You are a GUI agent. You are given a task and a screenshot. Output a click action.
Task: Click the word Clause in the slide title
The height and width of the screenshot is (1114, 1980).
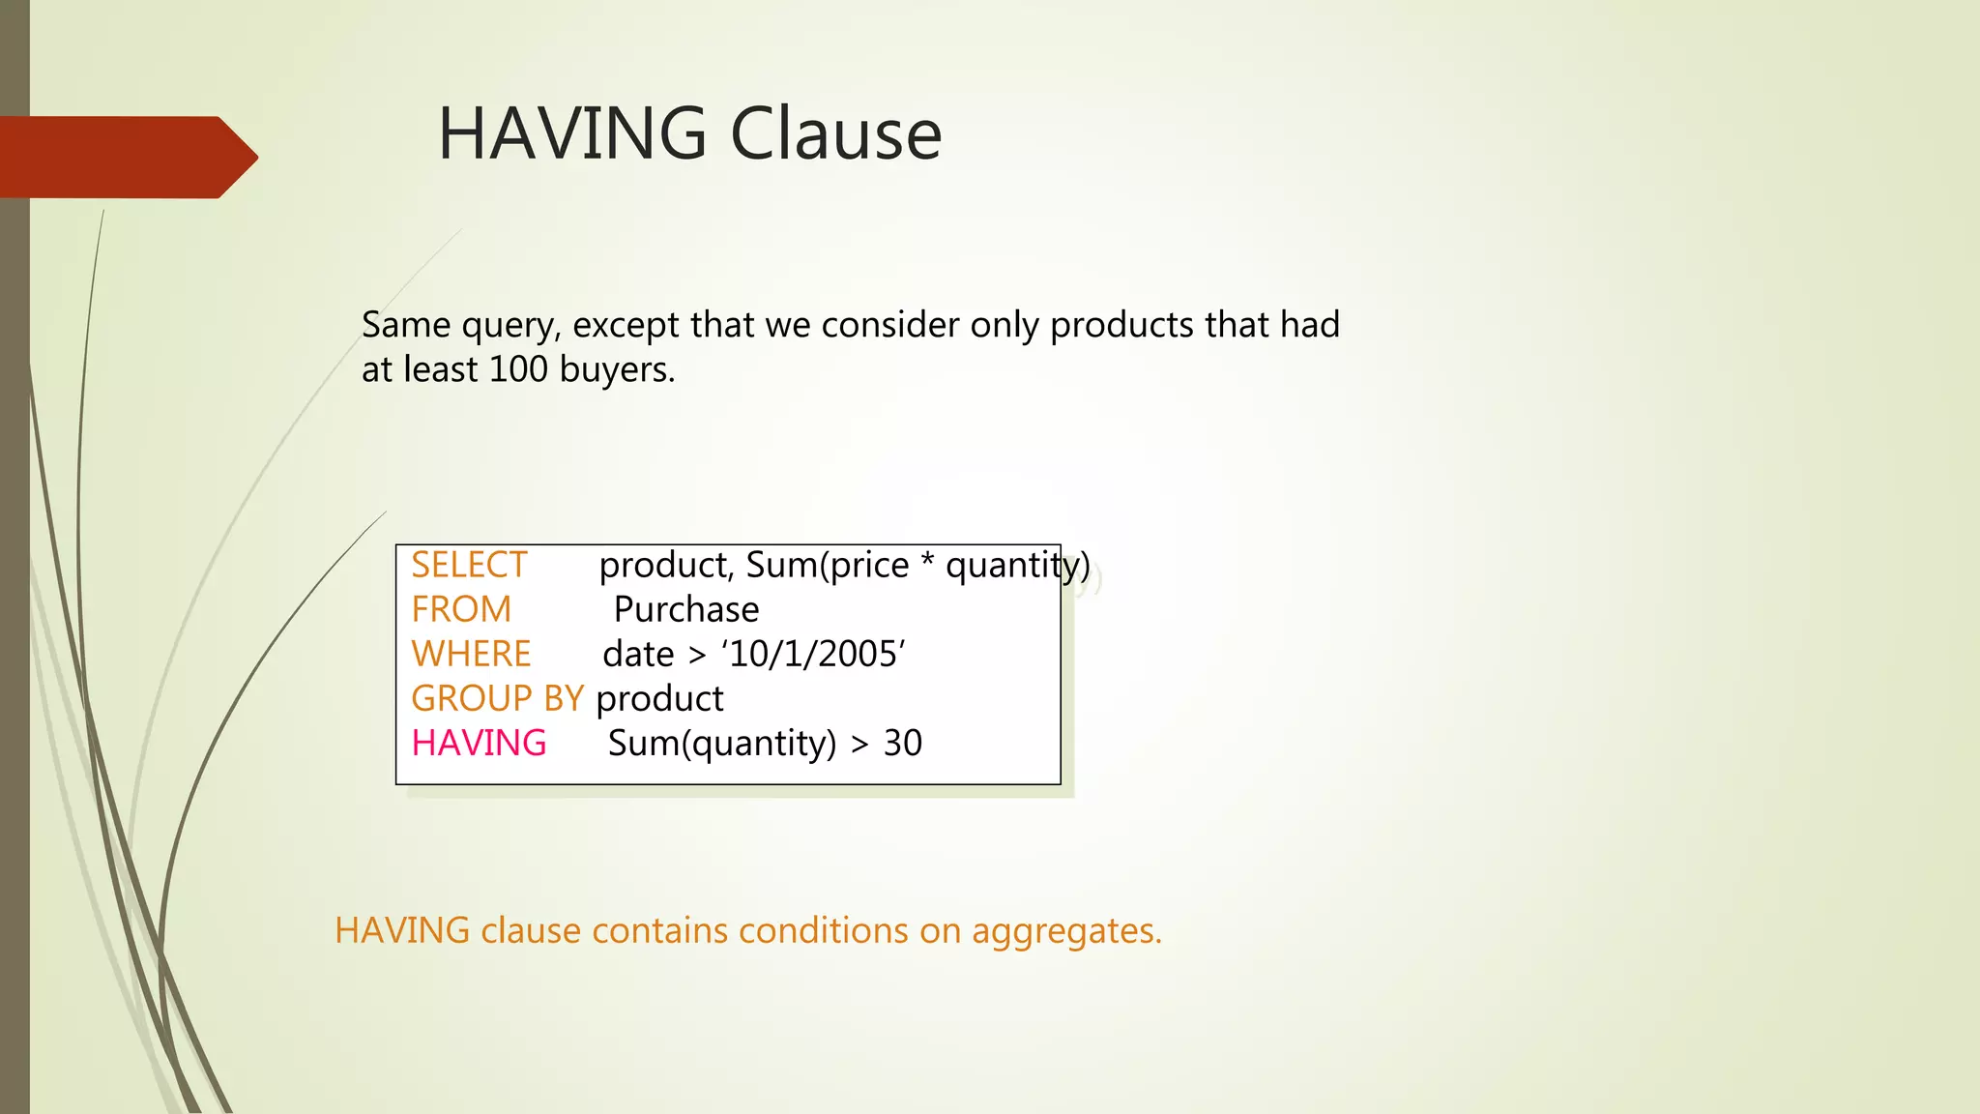[x=835, y=133]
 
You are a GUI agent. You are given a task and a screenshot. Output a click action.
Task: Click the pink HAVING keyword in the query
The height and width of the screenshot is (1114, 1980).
[x=479, y=744]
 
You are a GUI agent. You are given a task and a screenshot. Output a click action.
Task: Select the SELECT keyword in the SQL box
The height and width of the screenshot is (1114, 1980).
[x=469, y=566]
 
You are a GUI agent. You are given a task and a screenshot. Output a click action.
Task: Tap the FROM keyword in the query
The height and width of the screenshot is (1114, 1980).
[x=461, y=610]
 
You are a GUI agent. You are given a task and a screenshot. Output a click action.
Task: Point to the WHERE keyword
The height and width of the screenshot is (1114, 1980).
[x=471, y=655]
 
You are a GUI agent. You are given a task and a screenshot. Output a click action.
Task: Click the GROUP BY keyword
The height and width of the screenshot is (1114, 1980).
[x=497, y=699]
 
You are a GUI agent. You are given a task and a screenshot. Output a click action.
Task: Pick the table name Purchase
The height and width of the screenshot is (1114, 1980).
[x=686, y=610]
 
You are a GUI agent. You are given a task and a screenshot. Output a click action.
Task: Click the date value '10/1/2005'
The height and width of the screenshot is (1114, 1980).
[x=813, y=655]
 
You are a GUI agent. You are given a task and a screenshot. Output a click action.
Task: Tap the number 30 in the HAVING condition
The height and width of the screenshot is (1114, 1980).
[x=903, y=744]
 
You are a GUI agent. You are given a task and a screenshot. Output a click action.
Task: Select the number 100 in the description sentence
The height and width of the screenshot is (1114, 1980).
[x=518, y=369]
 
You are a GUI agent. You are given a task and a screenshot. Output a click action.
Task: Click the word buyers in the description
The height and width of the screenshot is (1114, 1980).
[x=617, y=369]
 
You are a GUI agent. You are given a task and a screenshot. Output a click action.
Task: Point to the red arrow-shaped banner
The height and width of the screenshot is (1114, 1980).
[x=126, y=157]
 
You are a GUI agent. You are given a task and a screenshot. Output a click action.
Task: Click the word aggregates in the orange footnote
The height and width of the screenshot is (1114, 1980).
[x=1065, y=931]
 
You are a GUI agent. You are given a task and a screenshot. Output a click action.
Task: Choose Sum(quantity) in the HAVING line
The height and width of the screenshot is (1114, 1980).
[x=722, y=744]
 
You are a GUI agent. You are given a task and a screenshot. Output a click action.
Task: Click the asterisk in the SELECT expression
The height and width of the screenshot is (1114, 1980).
[x=927, y=564]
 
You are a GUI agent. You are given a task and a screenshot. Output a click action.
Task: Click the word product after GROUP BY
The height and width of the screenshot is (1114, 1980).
[x=659, y=699]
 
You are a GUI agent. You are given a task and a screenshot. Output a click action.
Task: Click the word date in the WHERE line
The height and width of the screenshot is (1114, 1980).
[x=638, y=655]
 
